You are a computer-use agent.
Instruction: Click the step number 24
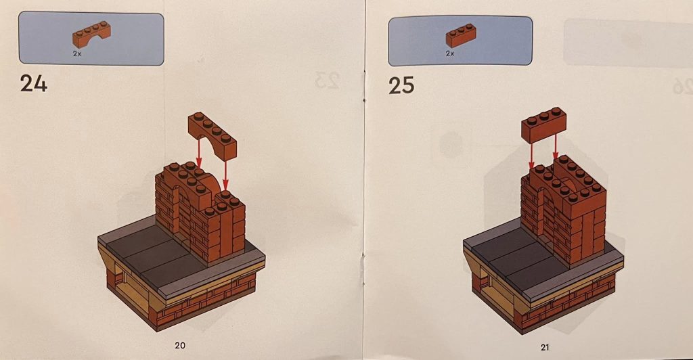tap(34, 85)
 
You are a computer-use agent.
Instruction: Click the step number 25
tap(402, 85)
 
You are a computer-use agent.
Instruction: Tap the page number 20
tap(180, 345)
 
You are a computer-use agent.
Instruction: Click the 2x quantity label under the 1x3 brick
tap(449, 52)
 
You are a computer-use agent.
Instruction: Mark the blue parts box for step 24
tap(92, 39)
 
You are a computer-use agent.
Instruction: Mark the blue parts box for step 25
tap(460, 40)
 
